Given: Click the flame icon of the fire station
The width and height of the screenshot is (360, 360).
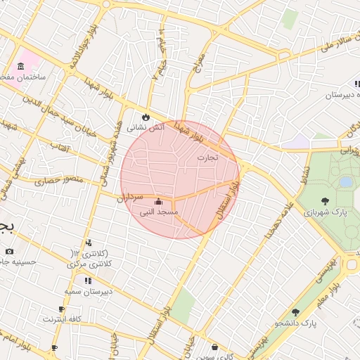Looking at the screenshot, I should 146,116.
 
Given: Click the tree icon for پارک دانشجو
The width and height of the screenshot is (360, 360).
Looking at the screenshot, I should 295,312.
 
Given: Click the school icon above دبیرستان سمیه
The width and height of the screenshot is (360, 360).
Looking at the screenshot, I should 87,281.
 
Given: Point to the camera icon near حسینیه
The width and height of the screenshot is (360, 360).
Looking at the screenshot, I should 8,251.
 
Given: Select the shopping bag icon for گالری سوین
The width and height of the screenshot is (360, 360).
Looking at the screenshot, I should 215,347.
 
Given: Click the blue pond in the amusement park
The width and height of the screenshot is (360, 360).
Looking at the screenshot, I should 345,181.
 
